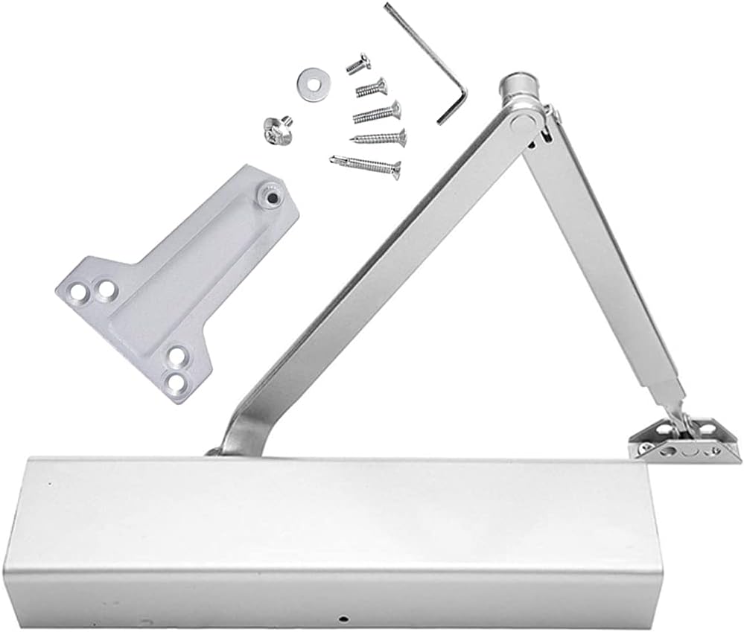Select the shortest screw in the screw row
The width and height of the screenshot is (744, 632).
(x=358, y=64)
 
